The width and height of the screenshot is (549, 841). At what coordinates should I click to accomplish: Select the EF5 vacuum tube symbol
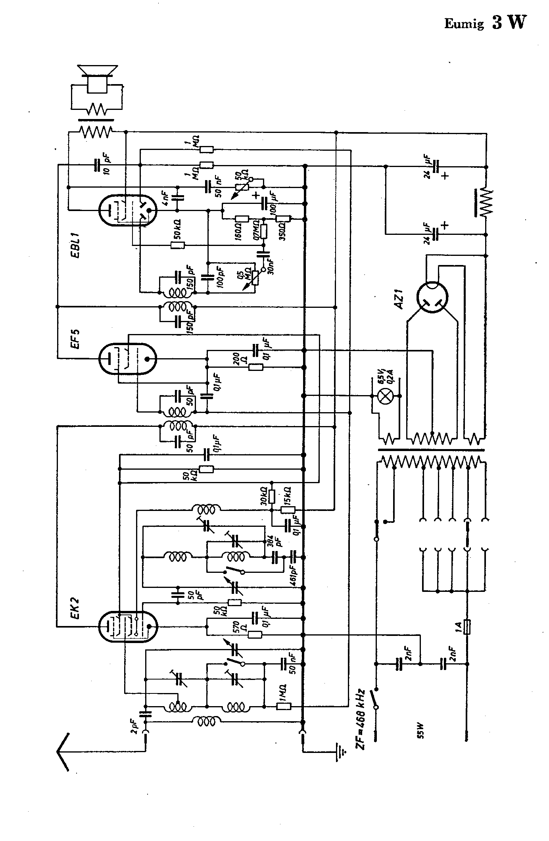click(x=127, y=359)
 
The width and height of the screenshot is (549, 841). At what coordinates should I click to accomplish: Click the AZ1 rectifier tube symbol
click(x=432, y=297)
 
